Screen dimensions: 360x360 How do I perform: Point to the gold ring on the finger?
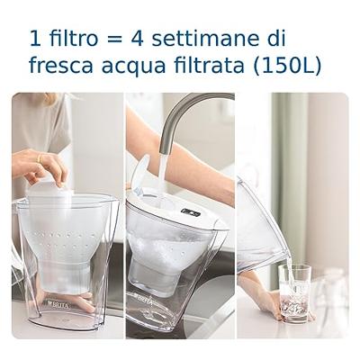(x=38, y=158)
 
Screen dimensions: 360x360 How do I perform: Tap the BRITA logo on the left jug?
(x=58, y=303)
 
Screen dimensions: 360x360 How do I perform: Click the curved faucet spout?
(x=184, y=112)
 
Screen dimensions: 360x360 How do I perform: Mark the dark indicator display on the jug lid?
(x=190, y=212)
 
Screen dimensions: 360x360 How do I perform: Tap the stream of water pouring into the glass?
(x=289, y=267)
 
